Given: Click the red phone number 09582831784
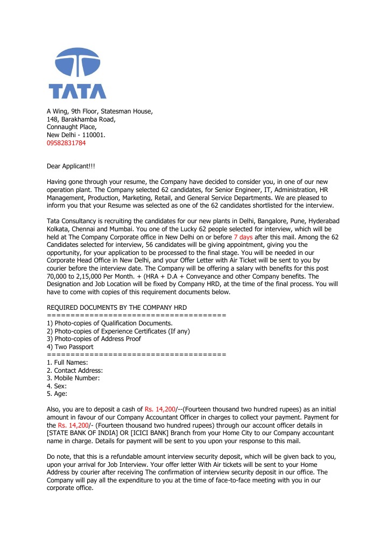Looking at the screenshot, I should coord(66,143).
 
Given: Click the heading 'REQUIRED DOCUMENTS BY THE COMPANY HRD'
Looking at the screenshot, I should coord(117,307).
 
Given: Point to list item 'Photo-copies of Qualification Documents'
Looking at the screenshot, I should coord(110,323).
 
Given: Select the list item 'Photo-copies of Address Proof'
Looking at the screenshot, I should coord(94,339).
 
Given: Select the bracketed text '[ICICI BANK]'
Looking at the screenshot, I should coord(147,433).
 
